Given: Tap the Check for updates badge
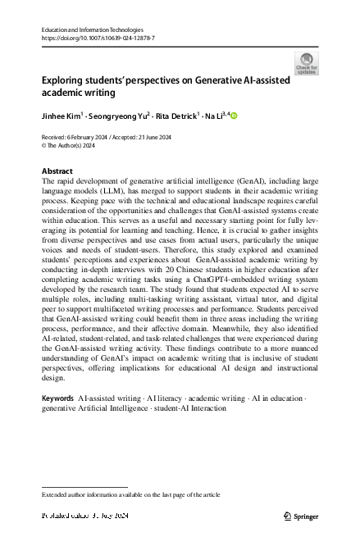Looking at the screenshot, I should pyautogui.click(x=308, y=63).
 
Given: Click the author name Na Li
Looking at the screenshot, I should pyautogui.click(x=217, y=116).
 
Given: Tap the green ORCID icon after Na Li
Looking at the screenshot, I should pyautogui.click(x=233, y=116).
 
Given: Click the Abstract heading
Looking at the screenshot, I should pyautogui.click(x=57, y=171).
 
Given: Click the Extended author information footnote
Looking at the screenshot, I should pyautogui.click(x=131, y=495).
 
